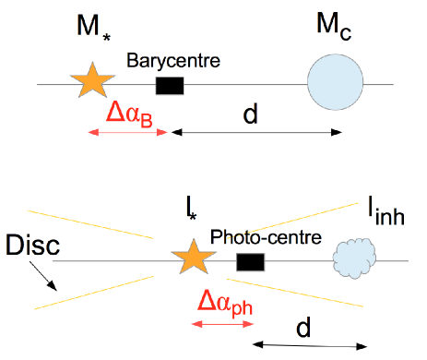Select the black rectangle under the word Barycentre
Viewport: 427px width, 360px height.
169,86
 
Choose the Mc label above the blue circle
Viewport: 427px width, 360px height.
334,27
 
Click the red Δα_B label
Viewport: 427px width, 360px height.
129,114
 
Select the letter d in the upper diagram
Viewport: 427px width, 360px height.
250,114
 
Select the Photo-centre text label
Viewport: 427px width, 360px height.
266,236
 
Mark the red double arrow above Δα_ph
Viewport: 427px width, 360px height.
214,323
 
